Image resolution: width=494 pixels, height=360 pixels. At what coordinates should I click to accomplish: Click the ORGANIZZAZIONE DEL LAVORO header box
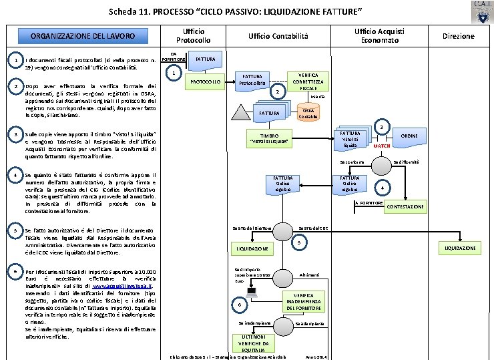coord(86,36)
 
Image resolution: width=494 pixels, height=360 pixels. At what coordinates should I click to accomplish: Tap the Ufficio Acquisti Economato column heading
coord(379,36)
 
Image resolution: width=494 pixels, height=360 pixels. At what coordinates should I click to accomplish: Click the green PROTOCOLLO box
coord(206,81)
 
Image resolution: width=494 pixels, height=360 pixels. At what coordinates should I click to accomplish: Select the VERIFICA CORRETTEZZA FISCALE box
coord(308,81)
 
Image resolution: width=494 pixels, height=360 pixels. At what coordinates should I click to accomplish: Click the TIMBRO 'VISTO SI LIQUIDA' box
coord(269,138)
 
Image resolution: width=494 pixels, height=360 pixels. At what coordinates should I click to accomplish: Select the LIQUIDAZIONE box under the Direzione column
coord(461,248)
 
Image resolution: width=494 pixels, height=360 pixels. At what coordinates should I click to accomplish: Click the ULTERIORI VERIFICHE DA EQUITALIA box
coord(253,341)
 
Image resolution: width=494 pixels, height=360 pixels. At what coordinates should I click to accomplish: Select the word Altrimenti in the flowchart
coord(309,275)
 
